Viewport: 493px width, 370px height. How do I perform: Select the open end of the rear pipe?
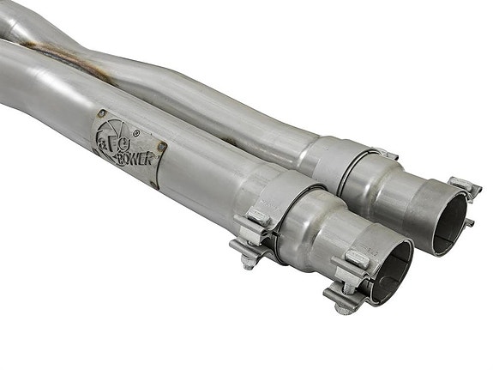pos(449,221)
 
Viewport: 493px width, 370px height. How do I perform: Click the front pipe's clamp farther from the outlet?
pos(266,215)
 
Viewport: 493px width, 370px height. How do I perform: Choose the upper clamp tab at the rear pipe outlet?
pos(464,186)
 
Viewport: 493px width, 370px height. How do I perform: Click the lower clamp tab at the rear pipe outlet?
pos(468,224)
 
